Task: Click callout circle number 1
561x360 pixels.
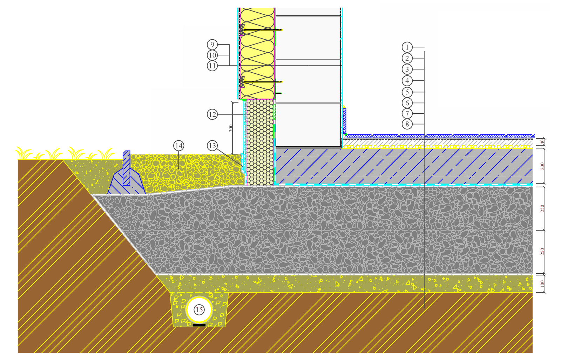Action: point(407,47)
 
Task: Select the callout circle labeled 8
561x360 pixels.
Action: point(407,124)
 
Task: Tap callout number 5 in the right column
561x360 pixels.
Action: point(407,92)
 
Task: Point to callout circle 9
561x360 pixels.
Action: point(212,45)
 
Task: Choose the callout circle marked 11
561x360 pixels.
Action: point(212,66)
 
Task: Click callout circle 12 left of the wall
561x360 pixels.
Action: point(212,114)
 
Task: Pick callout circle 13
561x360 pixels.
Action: point(212,146)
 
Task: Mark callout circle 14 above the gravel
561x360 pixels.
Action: point(178,146)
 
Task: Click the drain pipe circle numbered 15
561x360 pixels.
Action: point(199,309)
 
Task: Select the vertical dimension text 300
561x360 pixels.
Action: point(230,128)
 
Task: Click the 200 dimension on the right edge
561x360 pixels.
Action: point(542,166)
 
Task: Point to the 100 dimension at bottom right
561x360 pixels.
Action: point(542,283)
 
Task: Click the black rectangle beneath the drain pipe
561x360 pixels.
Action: point(199,325)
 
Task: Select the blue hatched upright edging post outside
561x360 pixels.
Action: point(127,168)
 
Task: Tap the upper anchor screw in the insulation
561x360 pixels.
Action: point(261,30)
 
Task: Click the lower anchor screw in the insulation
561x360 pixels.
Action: point(261,82)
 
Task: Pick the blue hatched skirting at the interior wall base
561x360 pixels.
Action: point(344,121)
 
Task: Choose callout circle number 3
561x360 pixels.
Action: point(407,69)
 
